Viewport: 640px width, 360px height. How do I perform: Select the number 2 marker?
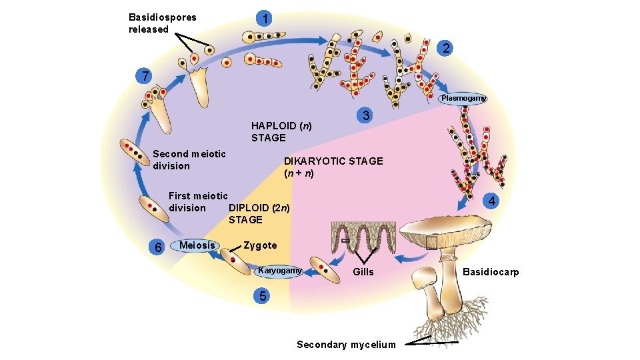point(446,48)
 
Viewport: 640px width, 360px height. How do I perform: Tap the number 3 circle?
point(365,115)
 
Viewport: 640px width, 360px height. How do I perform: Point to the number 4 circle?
point(491,201)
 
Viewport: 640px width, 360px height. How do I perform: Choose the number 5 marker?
point(264,295)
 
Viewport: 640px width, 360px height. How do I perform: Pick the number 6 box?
point(158,247)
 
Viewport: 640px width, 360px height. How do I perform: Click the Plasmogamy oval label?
point(463,98)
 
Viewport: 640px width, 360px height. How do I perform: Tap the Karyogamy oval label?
point(280,271)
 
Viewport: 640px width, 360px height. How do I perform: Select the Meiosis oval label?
point(197,245)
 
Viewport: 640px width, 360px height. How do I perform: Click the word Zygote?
point(260,245)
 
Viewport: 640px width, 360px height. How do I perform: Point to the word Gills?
point(363,272)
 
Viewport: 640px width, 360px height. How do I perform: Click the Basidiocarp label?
point(491,272)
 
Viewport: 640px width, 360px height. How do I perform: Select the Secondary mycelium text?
point(346,345)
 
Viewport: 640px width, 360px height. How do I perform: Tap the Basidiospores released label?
point(163,23)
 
